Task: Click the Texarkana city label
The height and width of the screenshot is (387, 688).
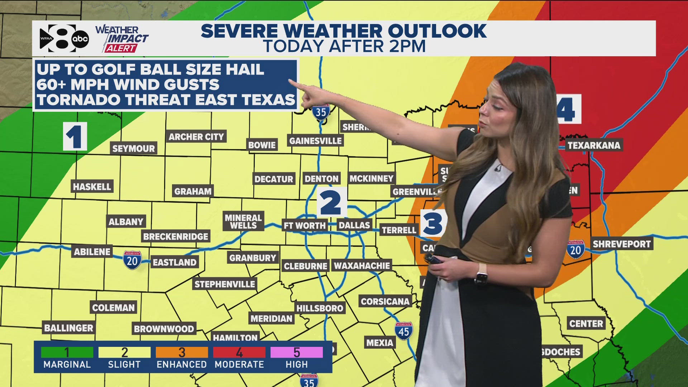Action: pos(594,145)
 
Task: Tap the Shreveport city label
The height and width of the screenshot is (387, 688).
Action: pos(621,244)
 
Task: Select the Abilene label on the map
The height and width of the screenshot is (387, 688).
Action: pos(92,252)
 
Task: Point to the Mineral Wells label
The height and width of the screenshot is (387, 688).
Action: pos(243,221)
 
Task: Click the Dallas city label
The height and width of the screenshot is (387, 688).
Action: pos(354,225)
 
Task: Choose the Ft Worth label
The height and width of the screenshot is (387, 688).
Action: pos(305,225)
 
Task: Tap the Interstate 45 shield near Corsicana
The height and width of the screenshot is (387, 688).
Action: pos(403,331)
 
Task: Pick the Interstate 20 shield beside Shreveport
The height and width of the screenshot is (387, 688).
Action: pos(575,249)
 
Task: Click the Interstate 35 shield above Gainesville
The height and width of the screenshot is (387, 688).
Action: pos(321,112)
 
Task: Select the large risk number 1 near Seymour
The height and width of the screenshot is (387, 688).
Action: pos(75,137)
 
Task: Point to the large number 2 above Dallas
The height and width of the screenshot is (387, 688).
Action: pos(331,202)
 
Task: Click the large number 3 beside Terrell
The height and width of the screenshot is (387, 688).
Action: pos(433,223)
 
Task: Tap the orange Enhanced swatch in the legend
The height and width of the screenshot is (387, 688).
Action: pos(182,352)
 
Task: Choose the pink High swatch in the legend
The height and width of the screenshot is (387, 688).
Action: pos(296,352)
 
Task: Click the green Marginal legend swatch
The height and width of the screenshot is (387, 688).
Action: pos(67,352)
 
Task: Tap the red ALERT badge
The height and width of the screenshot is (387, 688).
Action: pos(120,48)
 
